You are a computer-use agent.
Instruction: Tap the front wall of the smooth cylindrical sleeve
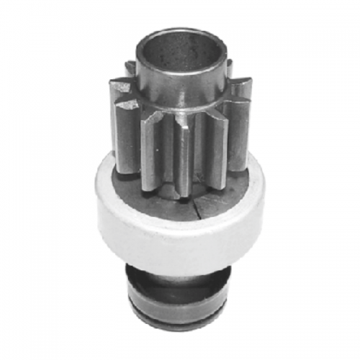click(180, 90)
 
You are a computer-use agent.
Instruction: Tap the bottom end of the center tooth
click(183, 193)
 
